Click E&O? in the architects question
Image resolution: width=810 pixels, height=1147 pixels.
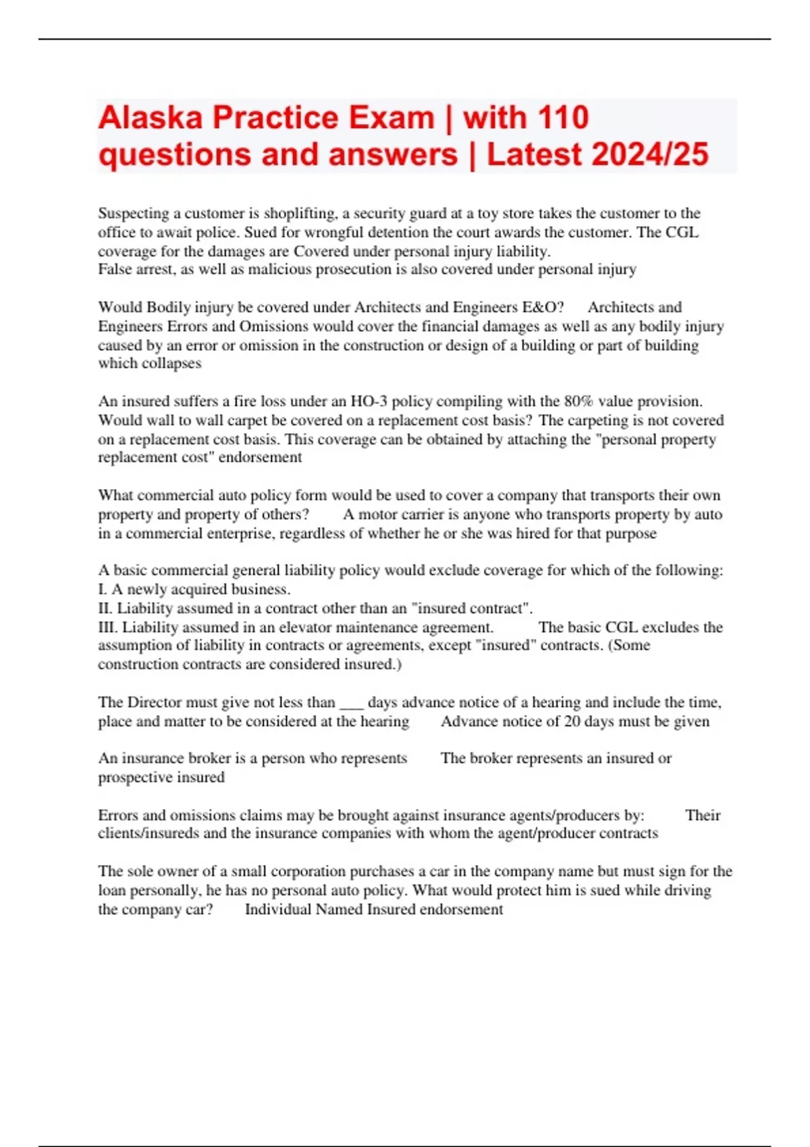pos(543,307)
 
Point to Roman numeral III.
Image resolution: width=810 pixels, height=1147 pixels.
pos(108,627)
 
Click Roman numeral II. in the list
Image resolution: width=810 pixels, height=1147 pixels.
pos(106,608)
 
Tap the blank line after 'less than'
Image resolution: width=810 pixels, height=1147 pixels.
pos(352,702)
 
